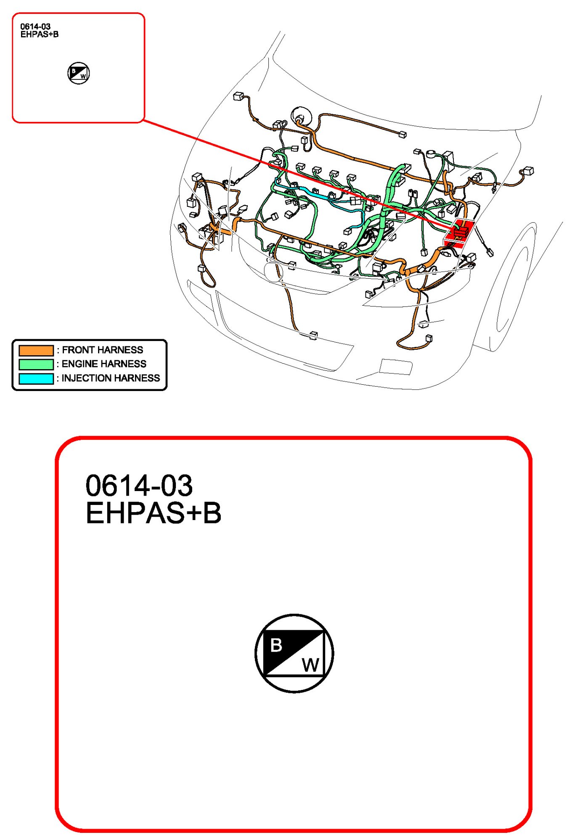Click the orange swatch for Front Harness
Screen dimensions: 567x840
pos(36,350)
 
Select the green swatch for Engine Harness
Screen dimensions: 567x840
pos(36,364)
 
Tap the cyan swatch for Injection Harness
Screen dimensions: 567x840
pos(36,378)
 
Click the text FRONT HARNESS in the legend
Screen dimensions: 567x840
pos(103,350)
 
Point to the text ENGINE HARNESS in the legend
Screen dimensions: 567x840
pos(104,364)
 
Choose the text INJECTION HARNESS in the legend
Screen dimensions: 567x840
pos(111,378)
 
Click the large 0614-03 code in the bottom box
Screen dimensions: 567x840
pos(139,486)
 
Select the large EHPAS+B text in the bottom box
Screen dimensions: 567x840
pos(154,513)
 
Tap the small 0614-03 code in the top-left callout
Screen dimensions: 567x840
pos(35,26)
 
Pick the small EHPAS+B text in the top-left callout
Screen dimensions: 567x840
pos(40,34)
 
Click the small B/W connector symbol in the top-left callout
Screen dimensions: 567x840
pos(79,73)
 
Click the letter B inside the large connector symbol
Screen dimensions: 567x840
pos(276,645)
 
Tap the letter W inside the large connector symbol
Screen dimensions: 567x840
pos(311,665)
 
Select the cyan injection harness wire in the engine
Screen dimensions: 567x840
pos(320,197)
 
